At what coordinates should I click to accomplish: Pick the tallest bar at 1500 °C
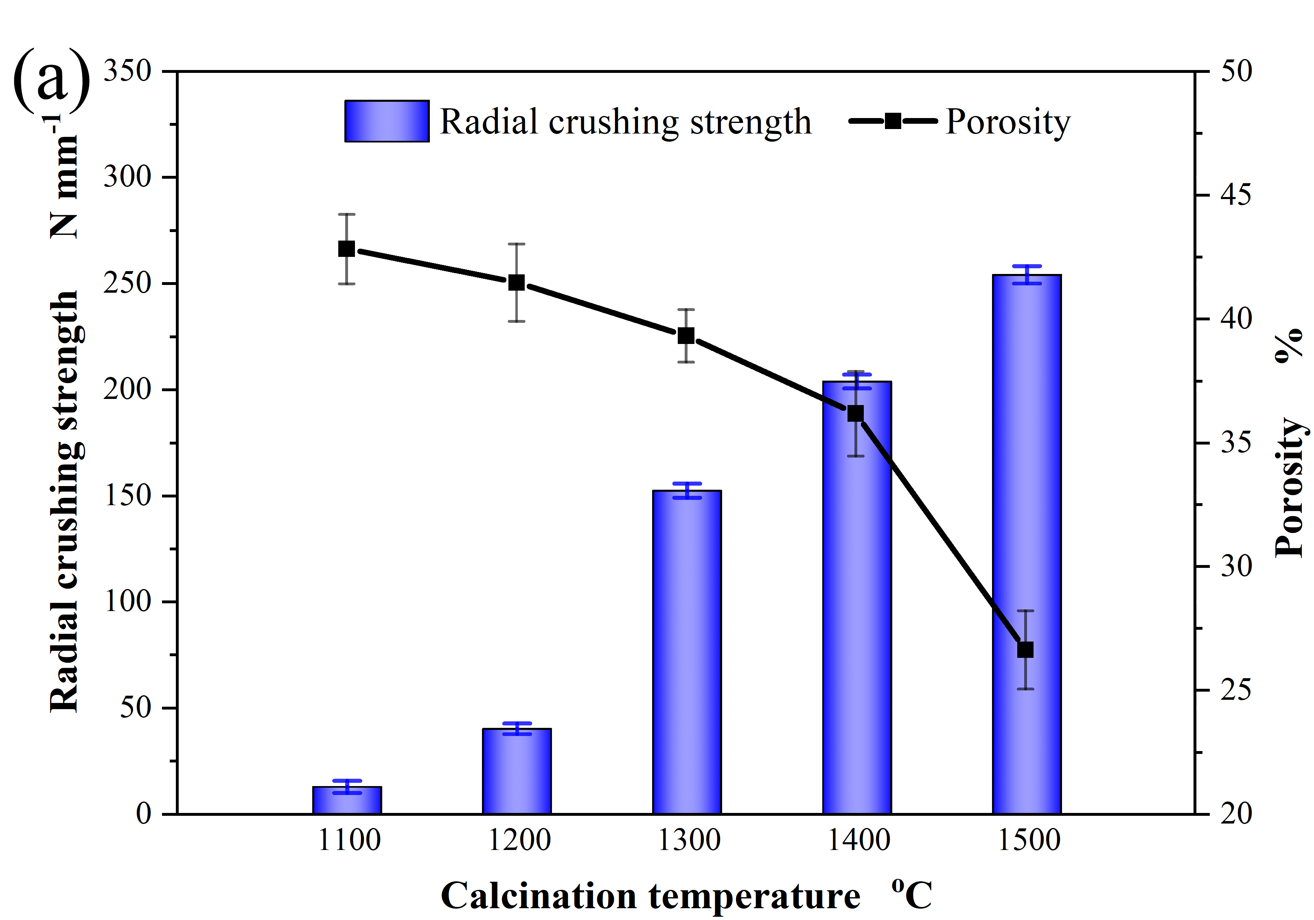1027,544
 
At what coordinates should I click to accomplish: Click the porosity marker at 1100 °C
347,249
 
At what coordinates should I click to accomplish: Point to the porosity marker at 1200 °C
517,282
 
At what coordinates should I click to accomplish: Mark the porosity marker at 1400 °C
856,413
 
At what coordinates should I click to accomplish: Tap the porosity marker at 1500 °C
1025,650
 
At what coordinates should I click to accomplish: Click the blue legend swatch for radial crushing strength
387,121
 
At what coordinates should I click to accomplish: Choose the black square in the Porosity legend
893,121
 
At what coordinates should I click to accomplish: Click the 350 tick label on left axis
127,72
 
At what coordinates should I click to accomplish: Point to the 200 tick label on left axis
127,390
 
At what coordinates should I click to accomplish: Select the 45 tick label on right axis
1236,195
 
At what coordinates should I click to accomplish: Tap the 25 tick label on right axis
1236,690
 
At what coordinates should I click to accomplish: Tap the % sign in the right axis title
1289,345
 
